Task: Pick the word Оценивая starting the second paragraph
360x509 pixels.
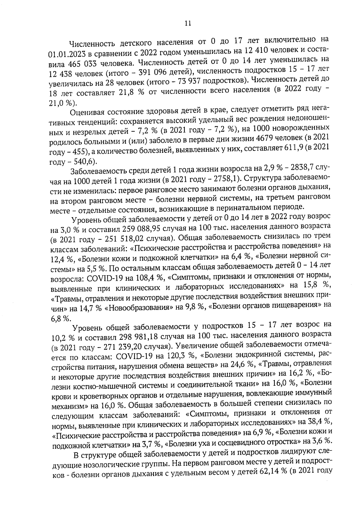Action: (87, 113)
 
